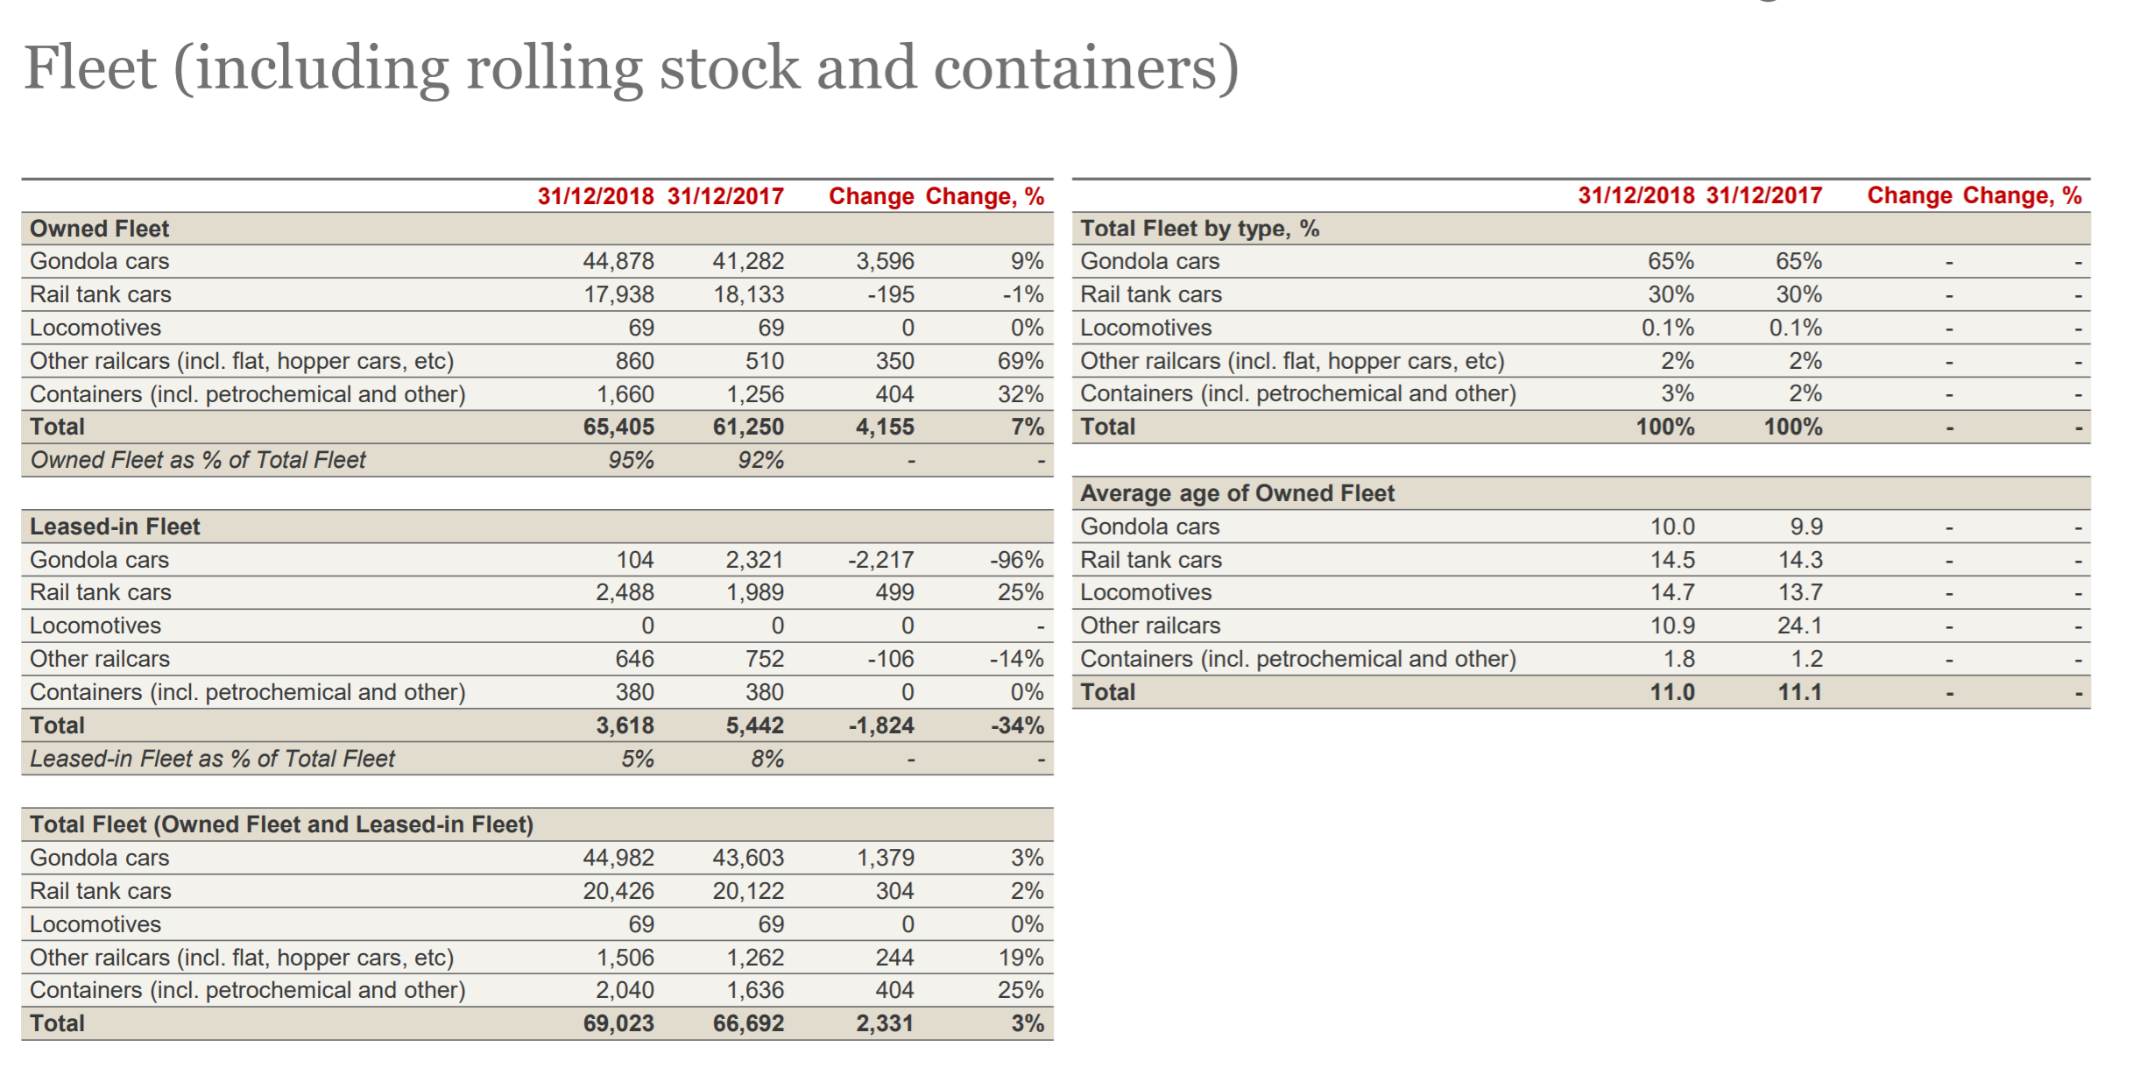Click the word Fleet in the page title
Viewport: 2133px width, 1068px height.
[x=90, y=67]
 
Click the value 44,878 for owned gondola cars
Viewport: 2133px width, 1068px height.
[x=618, y=261]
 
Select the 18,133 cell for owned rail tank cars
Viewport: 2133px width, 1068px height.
[x=749, y=294]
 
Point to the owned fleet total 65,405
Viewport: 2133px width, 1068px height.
[x=618, y=427]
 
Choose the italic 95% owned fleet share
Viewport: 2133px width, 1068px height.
[x=632, y=460]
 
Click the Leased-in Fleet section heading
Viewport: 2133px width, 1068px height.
[x=115, y=527]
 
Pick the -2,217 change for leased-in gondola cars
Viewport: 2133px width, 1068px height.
[x=881, y=560]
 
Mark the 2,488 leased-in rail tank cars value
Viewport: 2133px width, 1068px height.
[x=625, y=592]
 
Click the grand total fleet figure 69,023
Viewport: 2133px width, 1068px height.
[x=618, y=1023]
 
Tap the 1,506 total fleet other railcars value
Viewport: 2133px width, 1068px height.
[x=625, y=958]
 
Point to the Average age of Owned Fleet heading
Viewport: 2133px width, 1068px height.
[x=1237, y=493]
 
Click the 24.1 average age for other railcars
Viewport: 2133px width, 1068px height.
[x=1800, y=626]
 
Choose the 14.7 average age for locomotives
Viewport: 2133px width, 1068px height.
[x=1672, y=592]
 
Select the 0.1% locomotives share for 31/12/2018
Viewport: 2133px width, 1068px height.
[x=1668, y=328]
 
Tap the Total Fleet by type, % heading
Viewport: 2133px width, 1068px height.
[x=1200, y=229]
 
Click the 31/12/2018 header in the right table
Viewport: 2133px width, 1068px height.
[x=1636, y=195]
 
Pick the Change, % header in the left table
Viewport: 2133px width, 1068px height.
[x=985, y=196]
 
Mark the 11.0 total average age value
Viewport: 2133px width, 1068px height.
[x=1672, y=692]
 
